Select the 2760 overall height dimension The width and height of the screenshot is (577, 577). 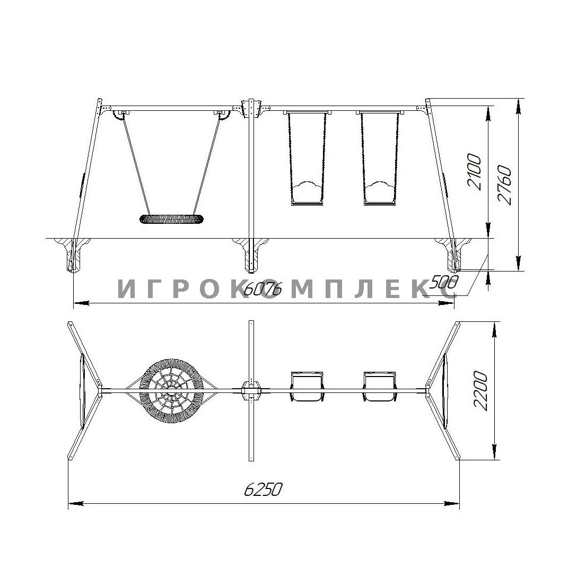(x=504, y=185)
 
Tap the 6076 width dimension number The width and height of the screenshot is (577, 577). (x=263, y=290)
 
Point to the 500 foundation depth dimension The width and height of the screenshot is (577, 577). (x=444, y=283)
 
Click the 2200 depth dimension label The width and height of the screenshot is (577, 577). (x=480, y=391)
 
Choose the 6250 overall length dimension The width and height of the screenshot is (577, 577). (x=263, y=489)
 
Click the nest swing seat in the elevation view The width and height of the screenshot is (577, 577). (x=171, y=220)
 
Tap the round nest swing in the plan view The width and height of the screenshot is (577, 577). (x=172, y=391)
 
